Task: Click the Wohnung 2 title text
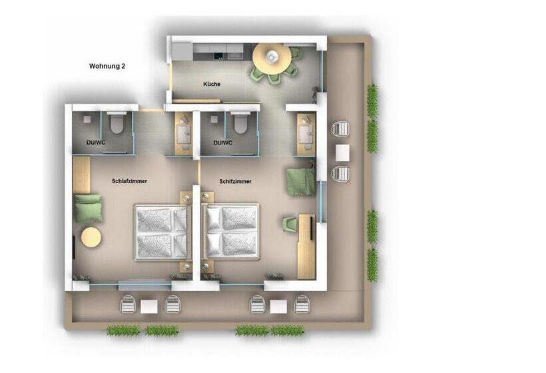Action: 107,66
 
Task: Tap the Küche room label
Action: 212,84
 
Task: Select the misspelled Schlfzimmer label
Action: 236,181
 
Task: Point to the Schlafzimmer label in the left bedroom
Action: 130,181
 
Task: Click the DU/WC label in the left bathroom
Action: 96,143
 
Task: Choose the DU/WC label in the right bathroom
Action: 223,143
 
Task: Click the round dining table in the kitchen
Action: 272,58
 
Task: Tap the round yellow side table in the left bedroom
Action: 91,237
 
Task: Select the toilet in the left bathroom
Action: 117,123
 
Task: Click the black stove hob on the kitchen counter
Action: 219,55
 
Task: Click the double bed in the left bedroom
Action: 163,232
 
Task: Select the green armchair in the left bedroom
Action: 89,208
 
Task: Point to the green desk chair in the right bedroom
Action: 290,223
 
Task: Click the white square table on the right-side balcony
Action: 342,153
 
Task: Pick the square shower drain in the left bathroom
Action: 87,119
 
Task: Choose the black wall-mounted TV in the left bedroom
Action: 74,247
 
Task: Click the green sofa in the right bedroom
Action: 301,181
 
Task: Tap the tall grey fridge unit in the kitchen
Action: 182,52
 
